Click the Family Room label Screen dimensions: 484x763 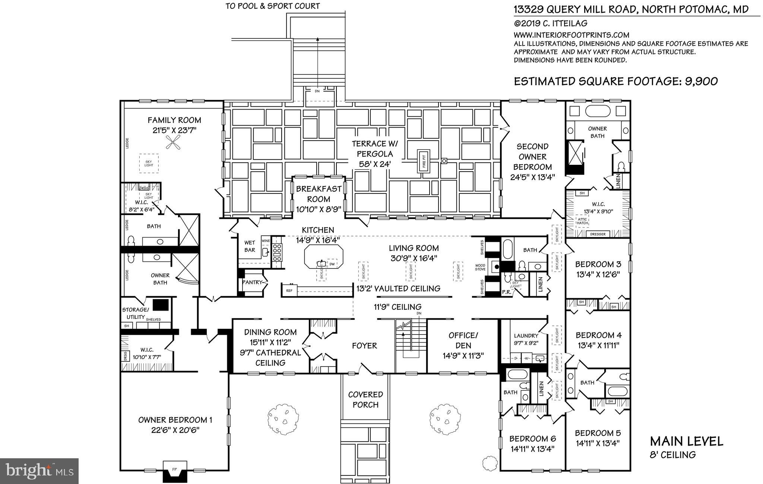point(174,120)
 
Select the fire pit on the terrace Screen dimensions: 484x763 point(424,164)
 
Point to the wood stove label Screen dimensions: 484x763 point(480,267)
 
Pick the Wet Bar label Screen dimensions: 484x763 point(250,246)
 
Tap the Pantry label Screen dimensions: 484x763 point(253,282)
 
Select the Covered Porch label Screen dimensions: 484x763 point(365,399)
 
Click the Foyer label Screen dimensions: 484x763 point(364,346)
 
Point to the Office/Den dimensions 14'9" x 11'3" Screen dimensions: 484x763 point(463,356)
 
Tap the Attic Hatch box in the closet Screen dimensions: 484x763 point(582,221)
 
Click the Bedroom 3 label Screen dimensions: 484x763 point(598,264)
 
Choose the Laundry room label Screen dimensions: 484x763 point(526,336)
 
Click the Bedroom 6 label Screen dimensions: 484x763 point(532,439)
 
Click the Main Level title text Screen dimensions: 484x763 point(687,441)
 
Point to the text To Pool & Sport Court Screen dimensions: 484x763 point(273,6)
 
